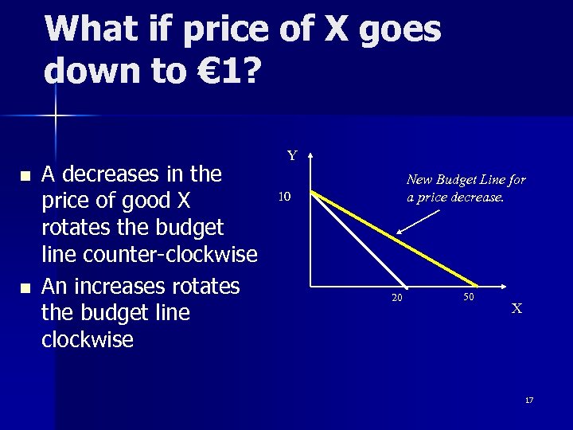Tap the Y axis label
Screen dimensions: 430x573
292,156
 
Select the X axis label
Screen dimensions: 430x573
516,308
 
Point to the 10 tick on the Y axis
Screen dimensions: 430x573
285,197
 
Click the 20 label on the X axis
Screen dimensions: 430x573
396,299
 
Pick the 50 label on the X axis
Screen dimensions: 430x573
468,296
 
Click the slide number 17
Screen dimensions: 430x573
529,400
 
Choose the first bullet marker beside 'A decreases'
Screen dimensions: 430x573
26,175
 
